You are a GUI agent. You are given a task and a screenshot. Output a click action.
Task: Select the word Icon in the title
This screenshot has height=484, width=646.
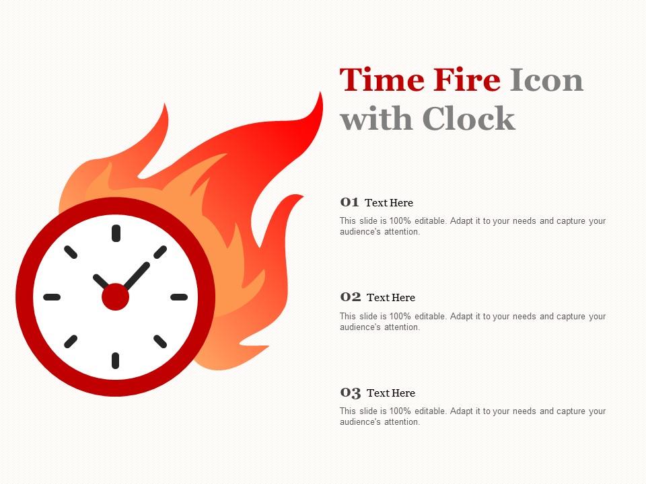point(546,80)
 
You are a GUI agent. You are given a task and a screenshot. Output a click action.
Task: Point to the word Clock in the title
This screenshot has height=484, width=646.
point(469,119)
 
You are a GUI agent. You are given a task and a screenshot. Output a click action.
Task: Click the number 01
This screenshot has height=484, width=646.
point(349,202)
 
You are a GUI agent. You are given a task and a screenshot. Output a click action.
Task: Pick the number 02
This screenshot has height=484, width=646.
point(351,297)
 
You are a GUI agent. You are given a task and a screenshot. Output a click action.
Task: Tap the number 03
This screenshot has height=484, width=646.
point(351,393)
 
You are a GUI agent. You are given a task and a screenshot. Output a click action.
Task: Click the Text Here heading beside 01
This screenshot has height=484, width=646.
point(389,203)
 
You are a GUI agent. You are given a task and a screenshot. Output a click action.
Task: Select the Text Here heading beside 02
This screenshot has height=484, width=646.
point(391,298)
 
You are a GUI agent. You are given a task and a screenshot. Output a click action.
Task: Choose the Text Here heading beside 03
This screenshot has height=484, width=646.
point(391,393)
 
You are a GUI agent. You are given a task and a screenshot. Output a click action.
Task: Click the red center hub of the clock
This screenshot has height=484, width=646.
point(116,296)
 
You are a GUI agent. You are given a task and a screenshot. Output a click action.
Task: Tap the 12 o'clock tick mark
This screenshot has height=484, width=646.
point(116,233)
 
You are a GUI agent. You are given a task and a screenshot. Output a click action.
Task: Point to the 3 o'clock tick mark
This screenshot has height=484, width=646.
point(179,296)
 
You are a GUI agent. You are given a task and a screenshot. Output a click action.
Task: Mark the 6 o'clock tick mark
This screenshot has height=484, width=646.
point(116,360)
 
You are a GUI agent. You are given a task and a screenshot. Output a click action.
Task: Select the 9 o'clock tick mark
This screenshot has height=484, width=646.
point(52,296)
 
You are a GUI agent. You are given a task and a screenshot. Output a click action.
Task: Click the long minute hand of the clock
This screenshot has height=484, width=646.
point(137,274)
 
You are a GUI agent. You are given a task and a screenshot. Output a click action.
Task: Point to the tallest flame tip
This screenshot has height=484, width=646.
point(318,101)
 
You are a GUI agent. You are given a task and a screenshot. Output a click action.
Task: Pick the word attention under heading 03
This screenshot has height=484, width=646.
point(401,422)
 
